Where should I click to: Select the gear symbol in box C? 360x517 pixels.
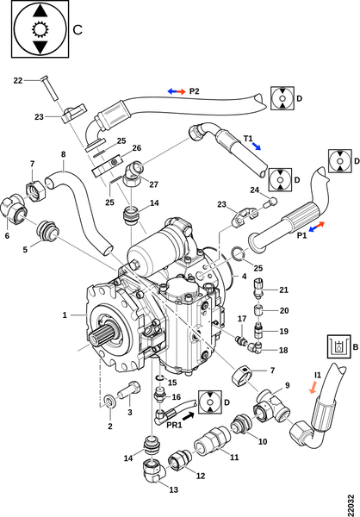coord(40,29)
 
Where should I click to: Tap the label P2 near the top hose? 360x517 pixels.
coord(194,91)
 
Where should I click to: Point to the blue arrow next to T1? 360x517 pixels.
coord(256,146)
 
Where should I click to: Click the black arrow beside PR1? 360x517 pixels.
coord(188,416)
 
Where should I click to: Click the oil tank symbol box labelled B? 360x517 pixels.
coord(338,346)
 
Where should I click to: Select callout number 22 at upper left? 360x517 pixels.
coord(18,80)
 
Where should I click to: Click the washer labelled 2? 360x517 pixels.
coord(109,400)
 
